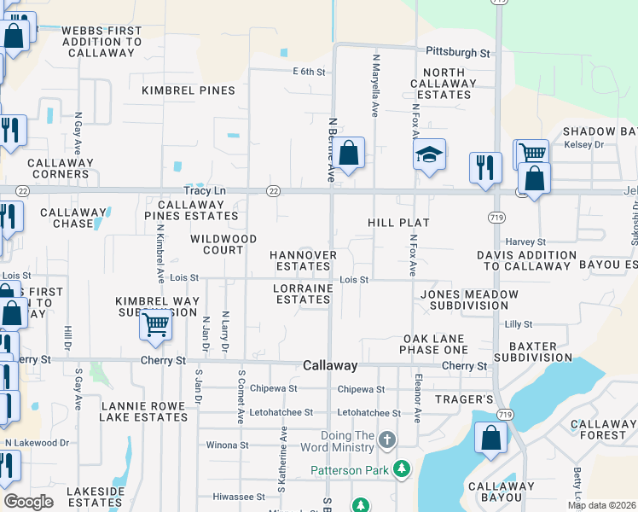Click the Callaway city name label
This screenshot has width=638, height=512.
point(330,365)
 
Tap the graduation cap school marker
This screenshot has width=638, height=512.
point(430,154)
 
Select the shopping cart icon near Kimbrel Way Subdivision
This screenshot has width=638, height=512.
point(155,325)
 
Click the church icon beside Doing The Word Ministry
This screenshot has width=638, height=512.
point(386,440)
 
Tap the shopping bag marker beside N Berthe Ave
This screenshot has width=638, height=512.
point(348,154)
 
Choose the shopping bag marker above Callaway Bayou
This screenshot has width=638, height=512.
point(491,439)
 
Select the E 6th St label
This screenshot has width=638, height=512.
point(310,73)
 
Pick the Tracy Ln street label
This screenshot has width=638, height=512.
point(202,191)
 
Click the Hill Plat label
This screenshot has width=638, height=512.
point(398,223)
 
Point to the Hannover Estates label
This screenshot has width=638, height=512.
point(304,260)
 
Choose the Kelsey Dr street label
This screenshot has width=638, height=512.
point(583,145)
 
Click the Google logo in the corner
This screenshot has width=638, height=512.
point(28,502)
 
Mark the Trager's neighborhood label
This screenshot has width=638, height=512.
point(465,399)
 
